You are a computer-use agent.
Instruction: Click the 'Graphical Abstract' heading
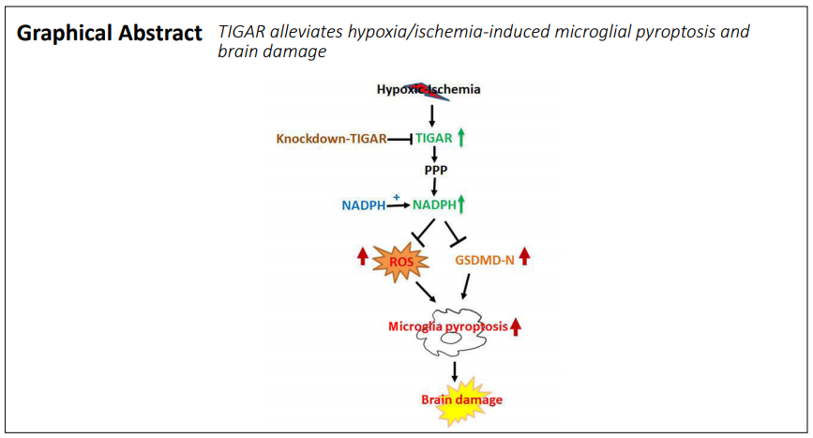coord(110,33)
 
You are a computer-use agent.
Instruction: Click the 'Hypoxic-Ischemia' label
coord(429,89)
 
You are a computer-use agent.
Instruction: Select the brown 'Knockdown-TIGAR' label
coord(331,139)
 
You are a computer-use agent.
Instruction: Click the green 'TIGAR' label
coord(434,139)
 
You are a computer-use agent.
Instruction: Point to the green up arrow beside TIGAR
coord(461,138)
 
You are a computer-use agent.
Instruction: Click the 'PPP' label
coord(436,170)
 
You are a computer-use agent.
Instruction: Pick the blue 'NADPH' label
coord(364,205)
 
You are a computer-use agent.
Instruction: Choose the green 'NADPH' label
coord(434,204)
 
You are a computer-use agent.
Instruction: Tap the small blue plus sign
coord(397,197)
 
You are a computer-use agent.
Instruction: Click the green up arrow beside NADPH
coord(461,204)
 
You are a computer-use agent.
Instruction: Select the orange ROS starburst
coord(400,262)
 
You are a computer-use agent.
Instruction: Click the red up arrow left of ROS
coord(363,256)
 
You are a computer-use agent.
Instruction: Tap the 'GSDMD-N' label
coord(485,260)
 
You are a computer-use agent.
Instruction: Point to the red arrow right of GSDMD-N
coord(525,256)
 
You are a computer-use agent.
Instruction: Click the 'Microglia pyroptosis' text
coord(448,326)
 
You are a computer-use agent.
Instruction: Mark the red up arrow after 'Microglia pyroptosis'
coord(516,327)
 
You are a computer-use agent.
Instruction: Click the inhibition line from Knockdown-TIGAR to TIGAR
coord(399,139)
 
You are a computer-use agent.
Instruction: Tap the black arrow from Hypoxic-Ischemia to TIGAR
coord(432,115)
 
